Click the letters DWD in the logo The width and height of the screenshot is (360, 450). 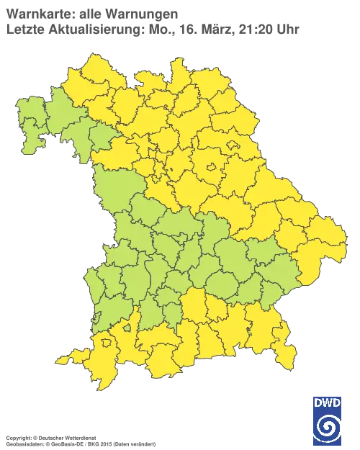coord(328,401)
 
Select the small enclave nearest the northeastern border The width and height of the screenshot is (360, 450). coord(234,145)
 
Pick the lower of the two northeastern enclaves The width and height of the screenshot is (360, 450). coord(212,170)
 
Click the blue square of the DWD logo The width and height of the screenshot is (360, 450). coord(328,418)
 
